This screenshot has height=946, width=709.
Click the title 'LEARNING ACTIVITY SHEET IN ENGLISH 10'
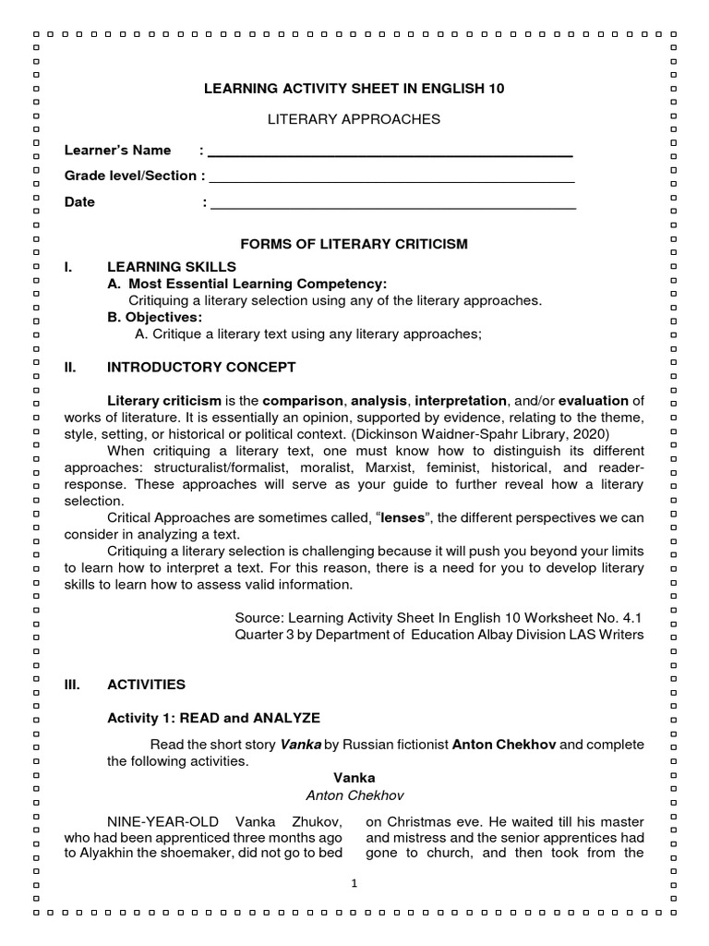(354, 89)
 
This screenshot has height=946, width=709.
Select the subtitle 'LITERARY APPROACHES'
(354, 119)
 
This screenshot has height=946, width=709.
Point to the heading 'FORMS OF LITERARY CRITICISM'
(354, 244)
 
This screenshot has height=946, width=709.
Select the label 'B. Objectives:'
(155, 318)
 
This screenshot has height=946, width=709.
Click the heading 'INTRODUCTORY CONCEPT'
(201, 368)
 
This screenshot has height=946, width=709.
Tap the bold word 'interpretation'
(461, 401)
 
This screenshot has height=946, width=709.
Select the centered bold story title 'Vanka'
(354, 779)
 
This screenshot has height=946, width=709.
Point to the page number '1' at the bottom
(354, 884)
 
